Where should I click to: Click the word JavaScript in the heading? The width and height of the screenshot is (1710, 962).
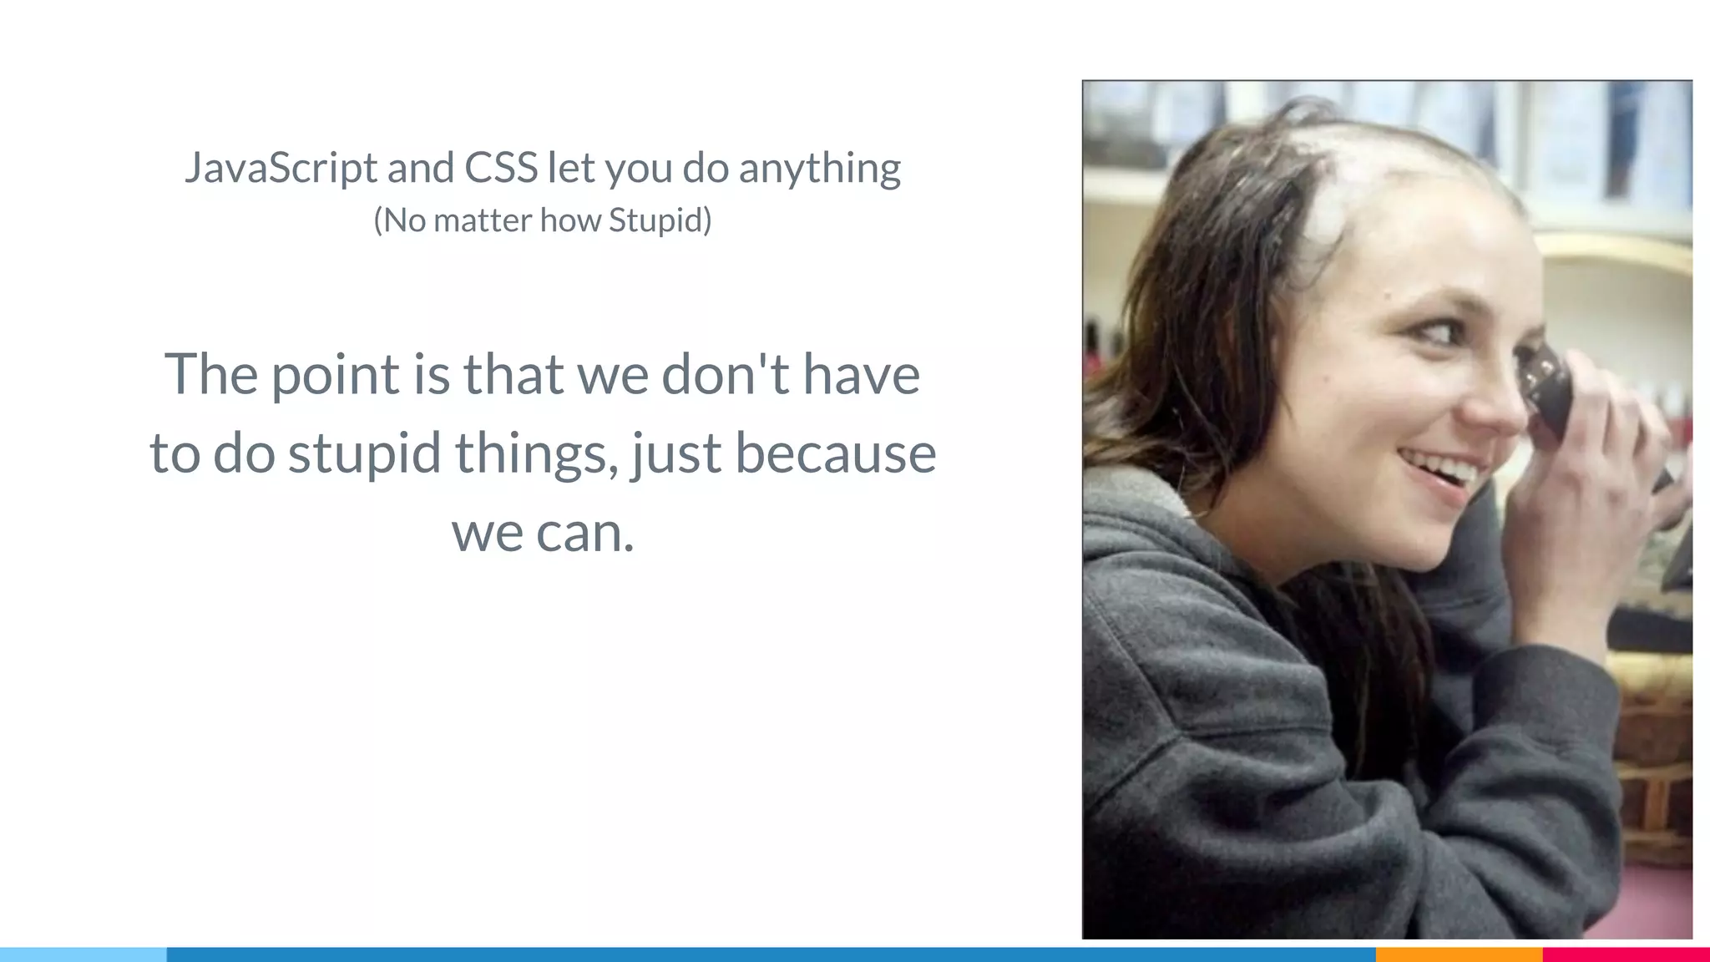[x=281, y=168]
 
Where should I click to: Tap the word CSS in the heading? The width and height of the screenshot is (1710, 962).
[x=501, y=167]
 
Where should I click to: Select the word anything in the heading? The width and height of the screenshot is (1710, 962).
[x=819, y=168]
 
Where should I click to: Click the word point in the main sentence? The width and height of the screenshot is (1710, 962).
[x=336, y=375]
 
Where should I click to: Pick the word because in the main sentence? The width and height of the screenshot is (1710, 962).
[x=835, y=453]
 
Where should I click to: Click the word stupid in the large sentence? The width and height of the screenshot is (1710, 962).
[x=364, y=453]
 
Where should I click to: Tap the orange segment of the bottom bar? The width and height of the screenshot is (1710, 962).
[x=1459, y=954]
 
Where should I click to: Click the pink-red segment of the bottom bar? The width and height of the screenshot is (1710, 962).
[x=1626, y=954]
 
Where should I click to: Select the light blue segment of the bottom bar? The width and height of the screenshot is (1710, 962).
[x=83, y=954]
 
